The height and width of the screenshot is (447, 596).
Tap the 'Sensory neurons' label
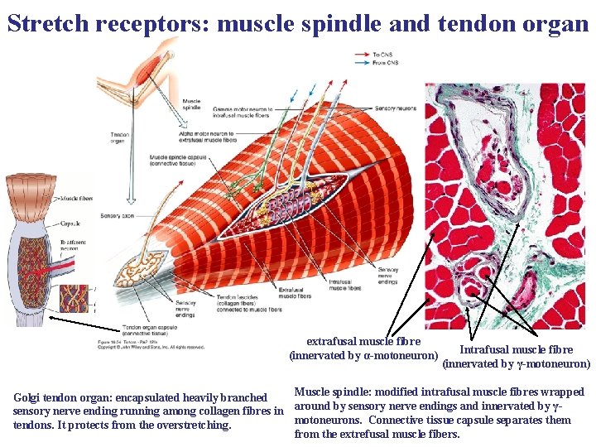[x=395, y=108]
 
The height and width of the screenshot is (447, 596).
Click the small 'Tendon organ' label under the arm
[x=119, y=137]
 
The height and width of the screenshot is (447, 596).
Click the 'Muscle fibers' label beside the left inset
[x=76, y=199]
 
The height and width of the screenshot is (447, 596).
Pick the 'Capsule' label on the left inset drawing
[x=70, y=223]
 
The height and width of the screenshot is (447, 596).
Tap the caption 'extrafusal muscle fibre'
[x=363, y=341]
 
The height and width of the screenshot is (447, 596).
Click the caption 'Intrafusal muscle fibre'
[x=516, y=349]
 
